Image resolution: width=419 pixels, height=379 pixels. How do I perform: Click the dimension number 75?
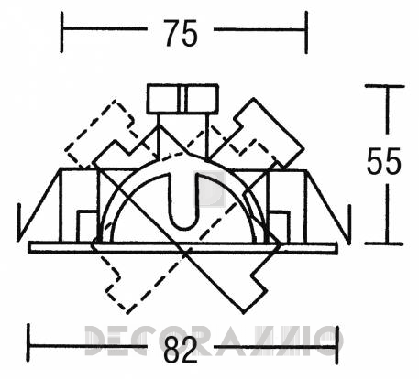pyautogui.click(x=181, y=33)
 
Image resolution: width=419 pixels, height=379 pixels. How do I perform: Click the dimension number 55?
pyautogui.click(x=384, y=161)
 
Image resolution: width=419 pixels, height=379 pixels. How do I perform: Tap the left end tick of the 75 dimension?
pyautogui.click(x=62, y=32)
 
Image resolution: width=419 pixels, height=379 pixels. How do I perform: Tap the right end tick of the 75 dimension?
pyautogui.click(x=306, y=32)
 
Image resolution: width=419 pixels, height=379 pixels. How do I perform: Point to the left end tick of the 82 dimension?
pyautogui.click(x=28, y=342)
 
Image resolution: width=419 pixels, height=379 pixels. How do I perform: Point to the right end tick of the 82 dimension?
pyautogui.click(x=336, y=345)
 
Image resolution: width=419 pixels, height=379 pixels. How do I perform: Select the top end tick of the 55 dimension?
pyautogui.click(x=385, y=86)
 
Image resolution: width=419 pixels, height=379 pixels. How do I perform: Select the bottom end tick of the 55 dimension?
pyautogui.click(x=384, y=244)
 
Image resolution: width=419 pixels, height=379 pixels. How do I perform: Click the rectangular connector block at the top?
pyautogui.click(x=182, y=99)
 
